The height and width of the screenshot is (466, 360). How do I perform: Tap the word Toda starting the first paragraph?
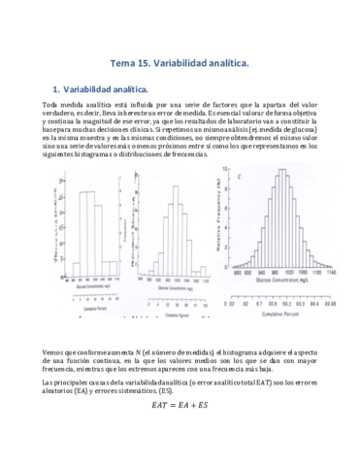point(51,105)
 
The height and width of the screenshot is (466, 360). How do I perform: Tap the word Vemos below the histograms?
point(54,349)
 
